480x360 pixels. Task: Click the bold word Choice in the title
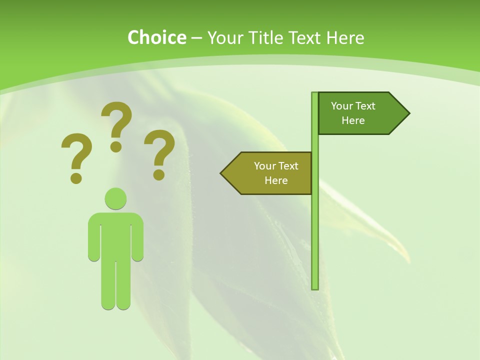156,37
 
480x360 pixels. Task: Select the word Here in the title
345,37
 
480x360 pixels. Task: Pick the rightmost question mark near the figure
159,154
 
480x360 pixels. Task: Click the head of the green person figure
115,198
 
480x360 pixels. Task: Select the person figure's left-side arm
94,237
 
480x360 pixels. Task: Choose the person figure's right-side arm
137,237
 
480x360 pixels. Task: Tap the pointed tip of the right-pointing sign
407,113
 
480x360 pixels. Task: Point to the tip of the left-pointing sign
223,173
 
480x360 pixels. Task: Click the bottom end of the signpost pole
315,287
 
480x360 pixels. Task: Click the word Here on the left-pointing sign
276,180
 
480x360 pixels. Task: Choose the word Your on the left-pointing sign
264,166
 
